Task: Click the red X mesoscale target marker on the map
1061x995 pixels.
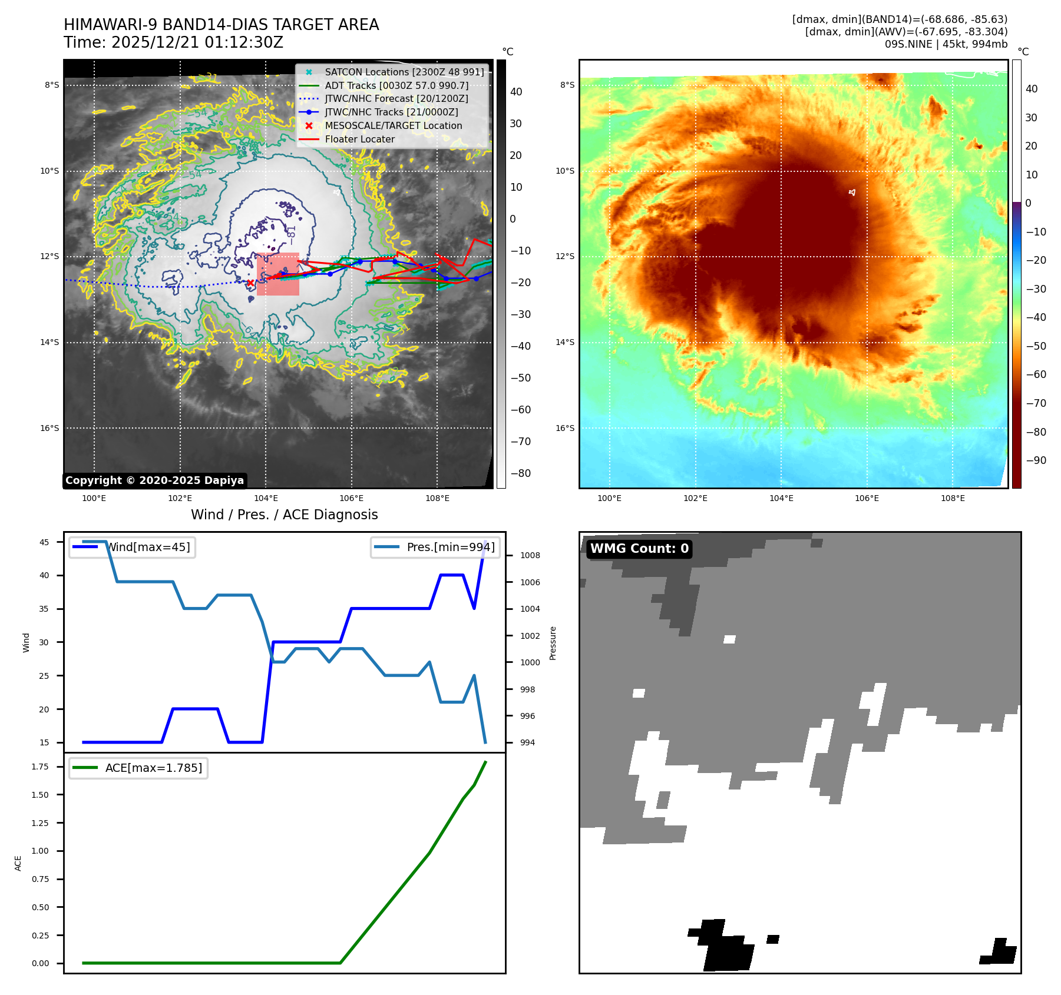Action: [250, 283]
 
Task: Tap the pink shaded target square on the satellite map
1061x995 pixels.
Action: [278, 274]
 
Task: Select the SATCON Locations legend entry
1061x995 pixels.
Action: [404, 72]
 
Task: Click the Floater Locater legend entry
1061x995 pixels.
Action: [359, 139]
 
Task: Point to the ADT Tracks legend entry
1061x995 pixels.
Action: [396, 85]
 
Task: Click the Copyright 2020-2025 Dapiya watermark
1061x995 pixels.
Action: [154, 480]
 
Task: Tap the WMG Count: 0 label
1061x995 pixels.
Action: [639, 549]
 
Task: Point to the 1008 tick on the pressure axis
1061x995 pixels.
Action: [530, 555]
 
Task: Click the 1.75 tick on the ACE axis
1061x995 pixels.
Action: [41, 767]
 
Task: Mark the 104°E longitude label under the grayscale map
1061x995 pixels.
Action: [266, 498]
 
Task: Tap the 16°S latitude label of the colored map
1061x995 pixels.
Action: [565, 428]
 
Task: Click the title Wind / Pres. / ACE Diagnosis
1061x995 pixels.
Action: [284, 515]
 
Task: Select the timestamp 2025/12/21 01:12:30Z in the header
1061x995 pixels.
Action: [197, 42]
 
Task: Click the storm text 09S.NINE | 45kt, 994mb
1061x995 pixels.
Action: [946, 44]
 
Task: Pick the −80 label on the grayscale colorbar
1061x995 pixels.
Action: [520, 473]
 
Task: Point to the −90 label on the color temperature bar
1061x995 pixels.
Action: [1036, 460]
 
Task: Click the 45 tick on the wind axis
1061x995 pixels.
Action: [44, 542]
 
